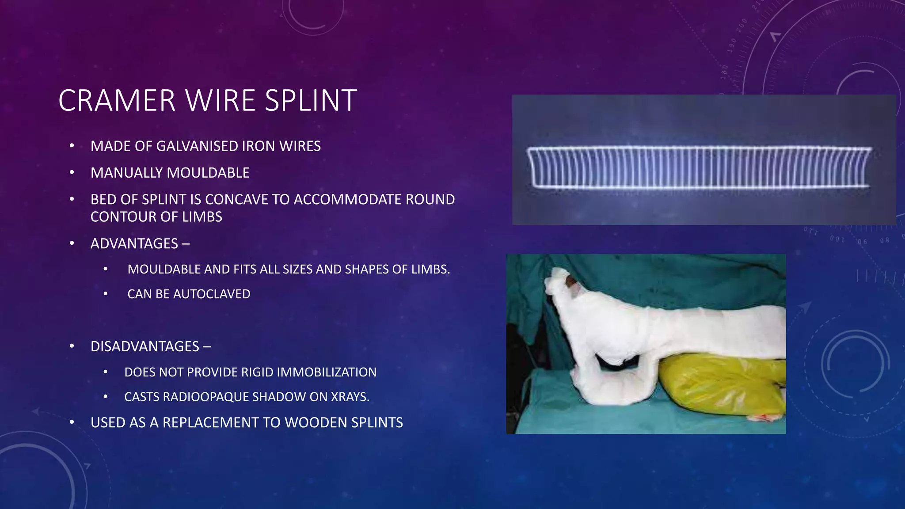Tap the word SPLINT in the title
[x=311, y=101]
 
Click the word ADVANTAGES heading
[x=134, y=244]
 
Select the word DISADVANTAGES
[x=145, y=346]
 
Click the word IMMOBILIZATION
[x=324, y=372]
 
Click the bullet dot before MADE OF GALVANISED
[x=72, y=146]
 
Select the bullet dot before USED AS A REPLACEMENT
[x=72, y=422]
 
